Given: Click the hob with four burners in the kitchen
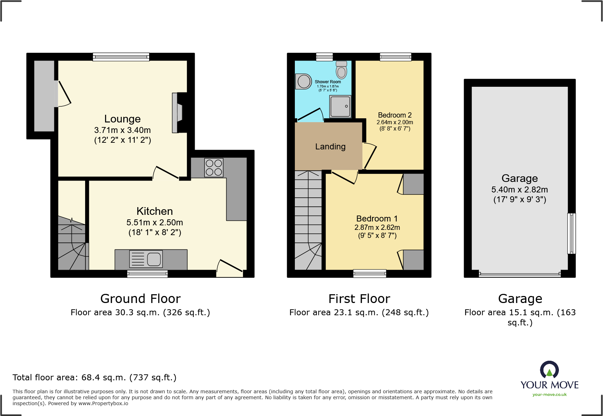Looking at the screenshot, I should coord(214,168).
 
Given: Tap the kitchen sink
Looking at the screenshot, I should coord(146,259).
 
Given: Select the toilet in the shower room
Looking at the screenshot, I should coord(341,70).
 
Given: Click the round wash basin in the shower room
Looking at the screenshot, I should coord(304,82).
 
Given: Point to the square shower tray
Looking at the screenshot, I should coord(340,106).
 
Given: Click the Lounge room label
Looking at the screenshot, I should coord(123,119).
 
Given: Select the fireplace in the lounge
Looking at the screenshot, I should coord(178,113).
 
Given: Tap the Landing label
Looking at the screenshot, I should coord(330,147).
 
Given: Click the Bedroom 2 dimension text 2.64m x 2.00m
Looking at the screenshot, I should coord(395,122).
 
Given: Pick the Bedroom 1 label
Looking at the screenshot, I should coord(377,219).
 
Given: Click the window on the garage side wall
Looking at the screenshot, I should coord(571,233).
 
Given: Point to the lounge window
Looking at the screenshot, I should coord(121,57).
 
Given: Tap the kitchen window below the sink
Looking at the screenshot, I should coord(147,274).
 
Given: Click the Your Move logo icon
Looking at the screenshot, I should coord(549,370).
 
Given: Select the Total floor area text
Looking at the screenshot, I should coord(95,378).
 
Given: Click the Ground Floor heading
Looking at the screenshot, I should coord(140,299).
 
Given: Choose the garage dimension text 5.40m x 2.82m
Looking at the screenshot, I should coord(519,190).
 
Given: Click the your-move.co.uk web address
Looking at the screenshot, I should coord(549,395).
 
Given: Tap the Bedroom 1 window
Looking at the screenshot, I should coord(370,274).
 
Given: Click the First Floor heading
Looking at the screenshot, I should coord(359,299).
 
